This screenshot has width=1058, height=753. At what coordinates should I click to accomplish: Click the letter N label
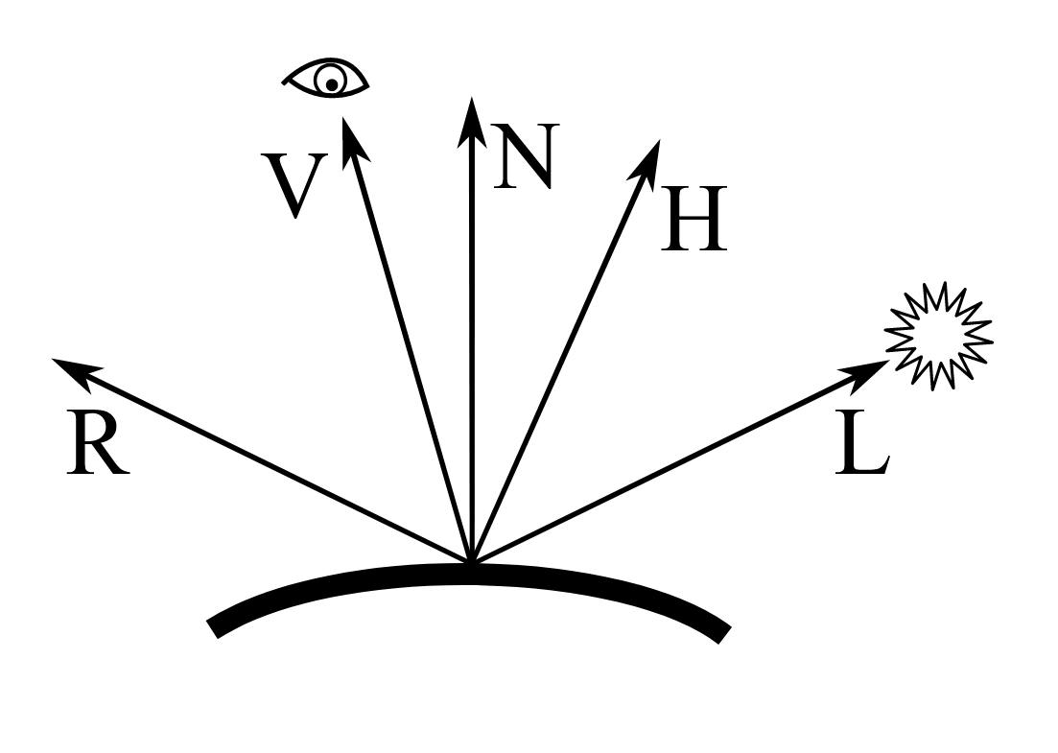click(524, 156)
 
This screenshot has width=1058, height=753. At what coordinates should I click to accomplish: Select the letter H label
click(694, 220)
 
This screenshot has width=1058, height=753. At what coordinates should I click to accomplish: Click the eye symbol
click(327, 79)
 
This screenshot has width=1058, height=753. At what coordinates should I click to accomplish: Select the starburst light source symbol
click(938, 336)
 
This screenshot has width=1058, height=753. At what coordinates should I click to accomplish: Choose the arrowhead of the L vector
click(872, 368)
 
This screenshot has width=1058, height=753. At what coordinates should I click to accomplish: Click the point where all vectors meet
click(470, 560)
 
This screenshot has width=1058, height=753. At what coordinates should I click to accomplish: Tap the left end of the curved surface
click(216, 628)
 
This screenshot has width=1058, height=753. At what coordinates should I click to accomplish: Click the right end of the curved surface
click(723, 633)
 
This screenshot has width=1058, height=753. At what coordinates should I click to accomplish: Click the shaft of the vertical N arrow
click(470, 336)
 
